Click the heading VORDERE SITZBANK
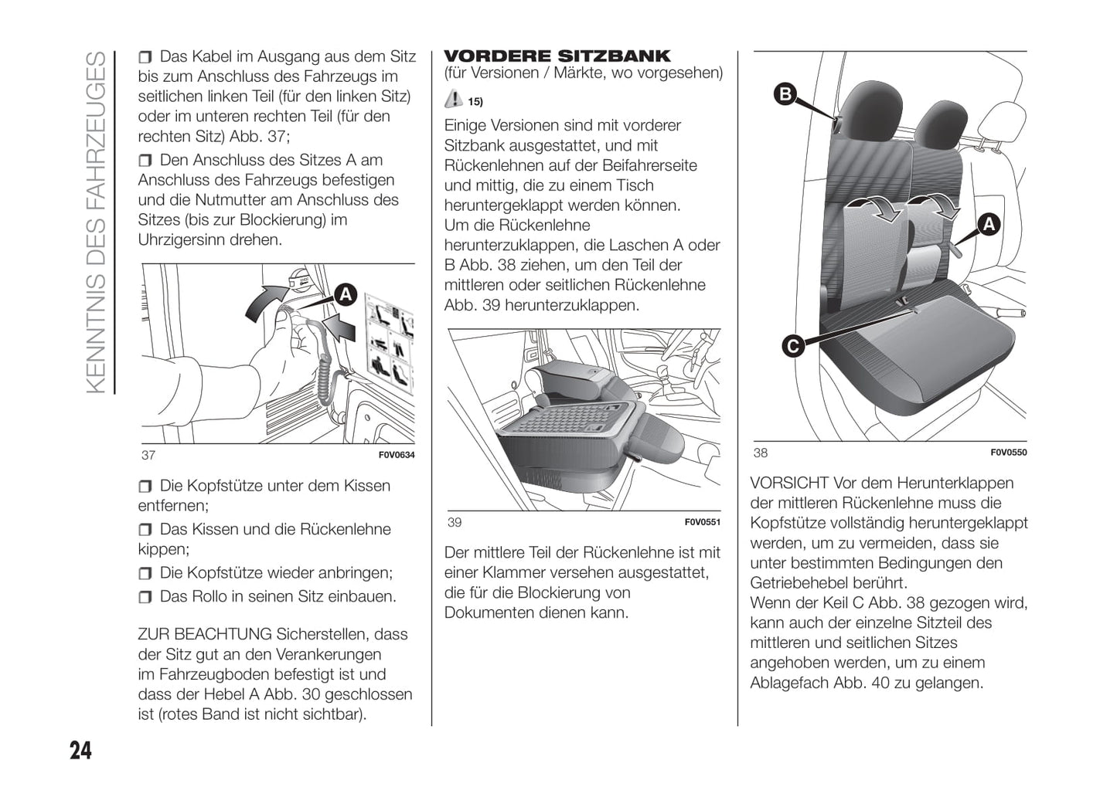557,56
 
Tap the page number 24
80,750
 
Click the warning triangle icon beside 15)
454,99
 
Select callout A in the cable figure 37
346,294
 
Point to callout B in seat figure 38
785,95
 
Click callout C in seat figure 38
792,346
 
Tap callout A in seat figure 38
988,225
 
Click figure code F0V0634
397,455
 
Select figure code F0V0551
702,522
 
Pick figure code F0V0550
1008,453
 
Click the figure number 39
455,522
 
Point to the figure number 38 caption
761,453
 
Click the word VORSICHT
788,483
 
